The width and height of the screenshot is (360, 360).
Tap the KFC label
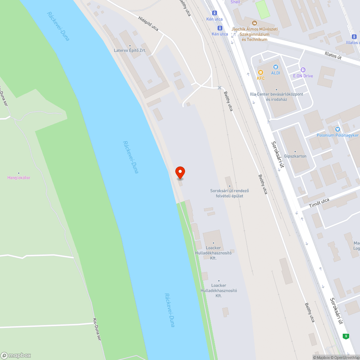pos(261,78)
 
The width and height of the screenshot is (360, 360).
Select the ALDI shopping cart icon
pos(276,67)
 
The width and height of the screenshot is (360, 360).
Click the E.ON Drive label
pos(303,76)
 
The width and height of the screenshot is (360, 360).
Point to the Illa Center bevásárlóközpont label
pos(276,94)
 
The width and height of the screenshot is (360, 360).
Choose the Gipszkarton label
pos(295,156)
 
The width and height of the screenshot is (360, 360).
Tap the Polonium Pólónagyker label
pos(337,135)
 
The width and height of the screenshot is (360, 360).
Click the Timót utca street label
pos(319,204)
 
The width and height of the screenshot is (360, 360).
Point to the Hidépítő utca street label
pos(148,23)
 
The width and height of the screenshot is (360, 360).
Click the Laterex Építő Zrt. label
pos(130,50)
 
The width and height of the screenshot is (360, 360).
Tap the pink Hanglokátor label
pos(19,177)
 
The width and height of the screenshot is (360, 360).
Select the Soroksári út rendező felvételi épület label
pos(230,193)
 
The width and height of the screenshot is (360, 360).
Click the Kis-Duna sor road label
pos(96,327)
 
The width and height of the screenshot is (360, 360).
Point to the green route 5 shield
pos(346,336)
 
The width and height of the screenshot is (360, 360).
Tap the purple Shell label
pos(235,2)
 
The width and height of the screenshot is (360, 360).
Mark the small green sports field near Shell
pos(262,9)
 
